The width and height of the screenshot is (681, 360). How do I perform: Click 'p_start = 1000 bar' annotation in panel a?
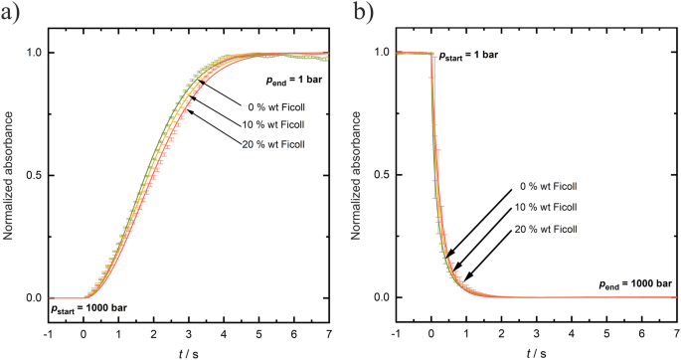(86, 311)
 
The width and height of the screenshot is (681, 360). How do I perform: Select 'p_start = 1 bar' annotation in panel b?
(472, 61)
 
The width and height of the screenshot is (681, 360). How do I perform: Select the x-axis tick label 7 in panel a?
(330, 333)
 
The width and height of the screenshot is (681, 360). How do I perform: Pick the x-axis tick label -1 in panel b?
(397, 333)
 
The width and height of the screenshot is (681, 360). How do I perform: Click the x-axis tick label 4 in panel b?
(572, 333)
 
